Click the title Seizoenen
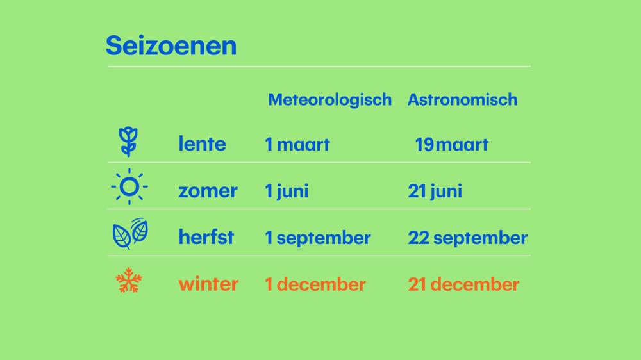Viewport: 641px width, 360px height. (x=171, y=45)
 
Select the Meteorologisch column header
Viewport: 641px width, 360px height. (x=329, y=100)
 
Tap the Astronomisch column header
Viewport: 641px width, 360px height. (x=462, y=100)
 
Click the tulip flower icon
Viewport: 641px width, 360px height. (x=128, y=142)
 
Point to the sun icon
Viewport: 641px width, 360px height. (x=129, y=186)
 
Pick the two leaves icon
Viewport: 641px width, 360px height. (x=130, y=233)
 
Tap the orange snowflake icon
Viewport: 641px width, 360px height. (x=129, y=281)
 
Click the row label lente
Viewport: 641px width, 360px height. (x=202, y=144)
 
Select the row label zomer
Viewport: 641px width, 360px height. (x=208, y=191)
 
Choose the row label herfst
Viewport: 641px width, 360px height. (x=206, y=237)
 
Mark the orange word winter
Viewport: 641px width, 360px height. (x=208, y=284)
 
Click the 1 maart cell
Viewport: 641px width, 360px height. (x=297, y=144)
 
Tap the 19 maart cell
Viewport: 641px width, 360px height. (x=451, y=144)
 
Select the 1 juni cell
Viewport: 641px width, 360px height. (x=287, y=192)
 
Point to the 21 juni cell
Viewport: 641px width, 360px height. (x=435, y=192)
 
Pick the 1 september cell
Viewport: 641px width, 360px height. (x=318, y=238)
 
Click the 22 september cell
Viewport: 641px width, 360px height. (x=468, y=238)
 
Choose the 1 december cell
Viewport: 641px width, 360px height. (x=315, y=284)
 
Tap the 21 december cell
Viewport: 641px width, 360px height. (x=463, y=284)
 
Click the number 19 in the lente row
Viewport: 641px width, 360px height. (x=424, y=144)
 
